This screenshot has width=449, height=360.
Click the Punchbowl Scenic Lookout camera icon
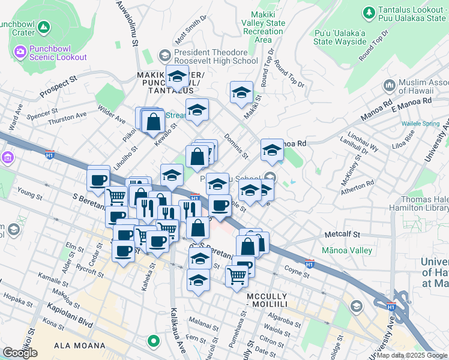coord(20,52)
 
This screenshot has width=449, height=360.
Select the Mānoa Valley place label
coord(346,250)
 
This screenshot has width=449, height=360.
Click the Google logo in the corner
coord(20,353)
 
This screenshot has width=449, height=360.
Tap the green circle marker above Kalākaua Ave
coord(154,341)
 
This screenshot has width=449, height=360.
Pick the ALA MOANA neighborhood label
coord(80,346)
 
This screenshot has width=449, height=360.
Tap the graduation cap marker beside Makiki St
coord(241,93)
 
